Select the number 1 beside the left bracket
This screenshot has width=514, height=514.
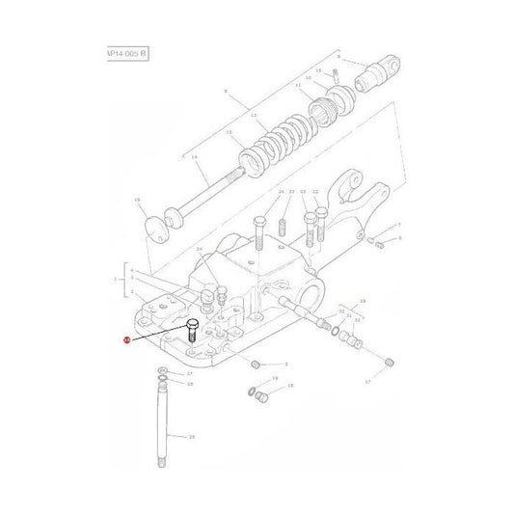click(x=116, y=282)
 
